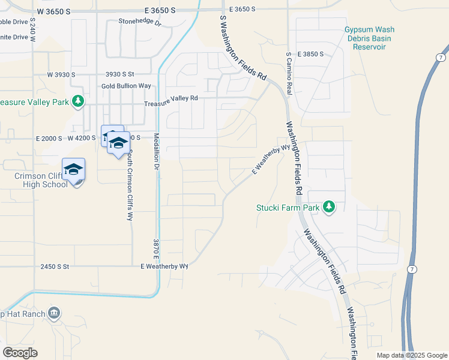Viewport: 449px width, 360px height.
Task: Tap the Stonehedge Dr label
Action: [x=140, y=23]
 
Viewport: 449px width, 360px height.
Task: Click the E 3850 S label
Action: [x=310, y=54]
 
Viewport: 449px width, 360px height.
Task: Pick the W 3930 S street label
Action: [x=61, y=74]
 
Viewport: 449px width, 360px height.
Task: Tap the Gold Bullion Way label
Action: [x=126, y=86]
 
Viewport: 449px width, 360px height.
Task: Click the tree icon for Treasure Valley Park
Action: [x=77, y=101]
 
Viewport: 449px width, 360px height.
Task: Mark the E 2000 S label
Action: [x=49, y=138]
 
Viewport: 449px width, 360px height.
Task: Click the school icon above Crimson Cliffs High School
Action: [x=73, y=170]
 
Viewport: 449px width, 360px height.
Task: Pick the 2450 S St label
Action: [x=55, y=266]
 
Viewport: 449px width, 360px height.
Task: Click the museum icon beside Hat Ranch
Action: [x=54, y=313]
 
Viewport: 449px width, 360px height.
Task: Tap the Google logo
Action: [x=20, y=353]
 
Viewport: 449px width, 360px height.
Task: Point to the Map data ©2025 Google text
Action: [x=411, y=355]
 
